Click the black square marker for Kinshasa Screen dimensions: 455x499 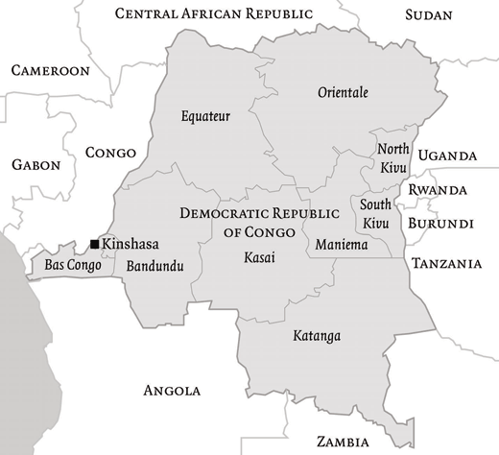point(94,244)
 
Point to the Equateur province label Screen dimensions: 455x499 point(206,117)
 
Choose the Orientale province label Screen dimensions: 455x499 point(343,92)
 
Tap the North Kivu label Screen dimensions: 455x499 point(393,157)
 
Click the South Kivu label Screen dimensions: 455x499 point(375,213)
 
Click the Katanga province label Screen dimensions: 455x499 point(317,336)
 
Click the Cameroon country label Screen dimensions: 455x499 point(50,71)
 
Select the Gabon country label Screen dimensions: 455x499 point(36,165)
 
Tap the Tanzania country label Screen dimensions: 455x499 point(445,263)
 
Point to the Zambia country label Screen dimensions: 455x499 point(345,442)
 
